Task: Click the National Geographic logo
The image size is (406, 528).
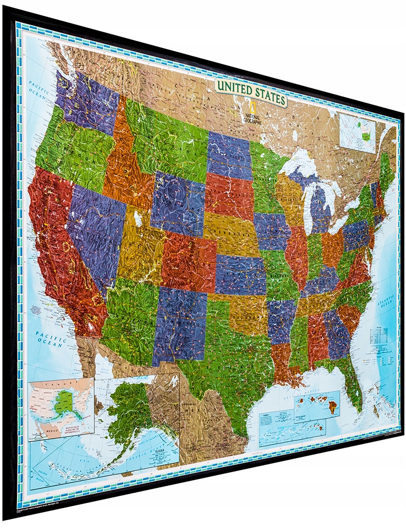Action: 252,114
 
